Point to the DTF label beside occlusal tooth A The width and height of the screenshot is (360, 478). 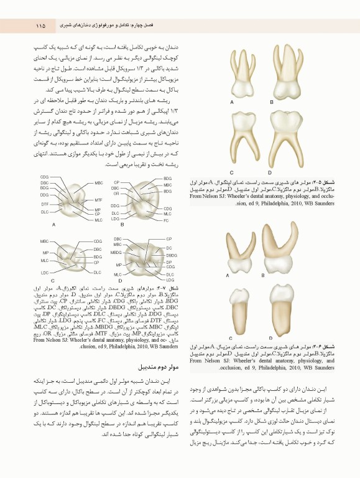click(45, 204)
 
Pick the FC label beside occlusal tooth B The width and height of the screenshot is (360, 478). click(167, 221)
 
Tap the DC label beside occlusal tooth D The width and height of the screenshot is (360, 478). click(168, 248)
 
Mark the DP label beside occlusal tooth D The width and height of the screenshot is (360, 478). click(168, 261)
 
